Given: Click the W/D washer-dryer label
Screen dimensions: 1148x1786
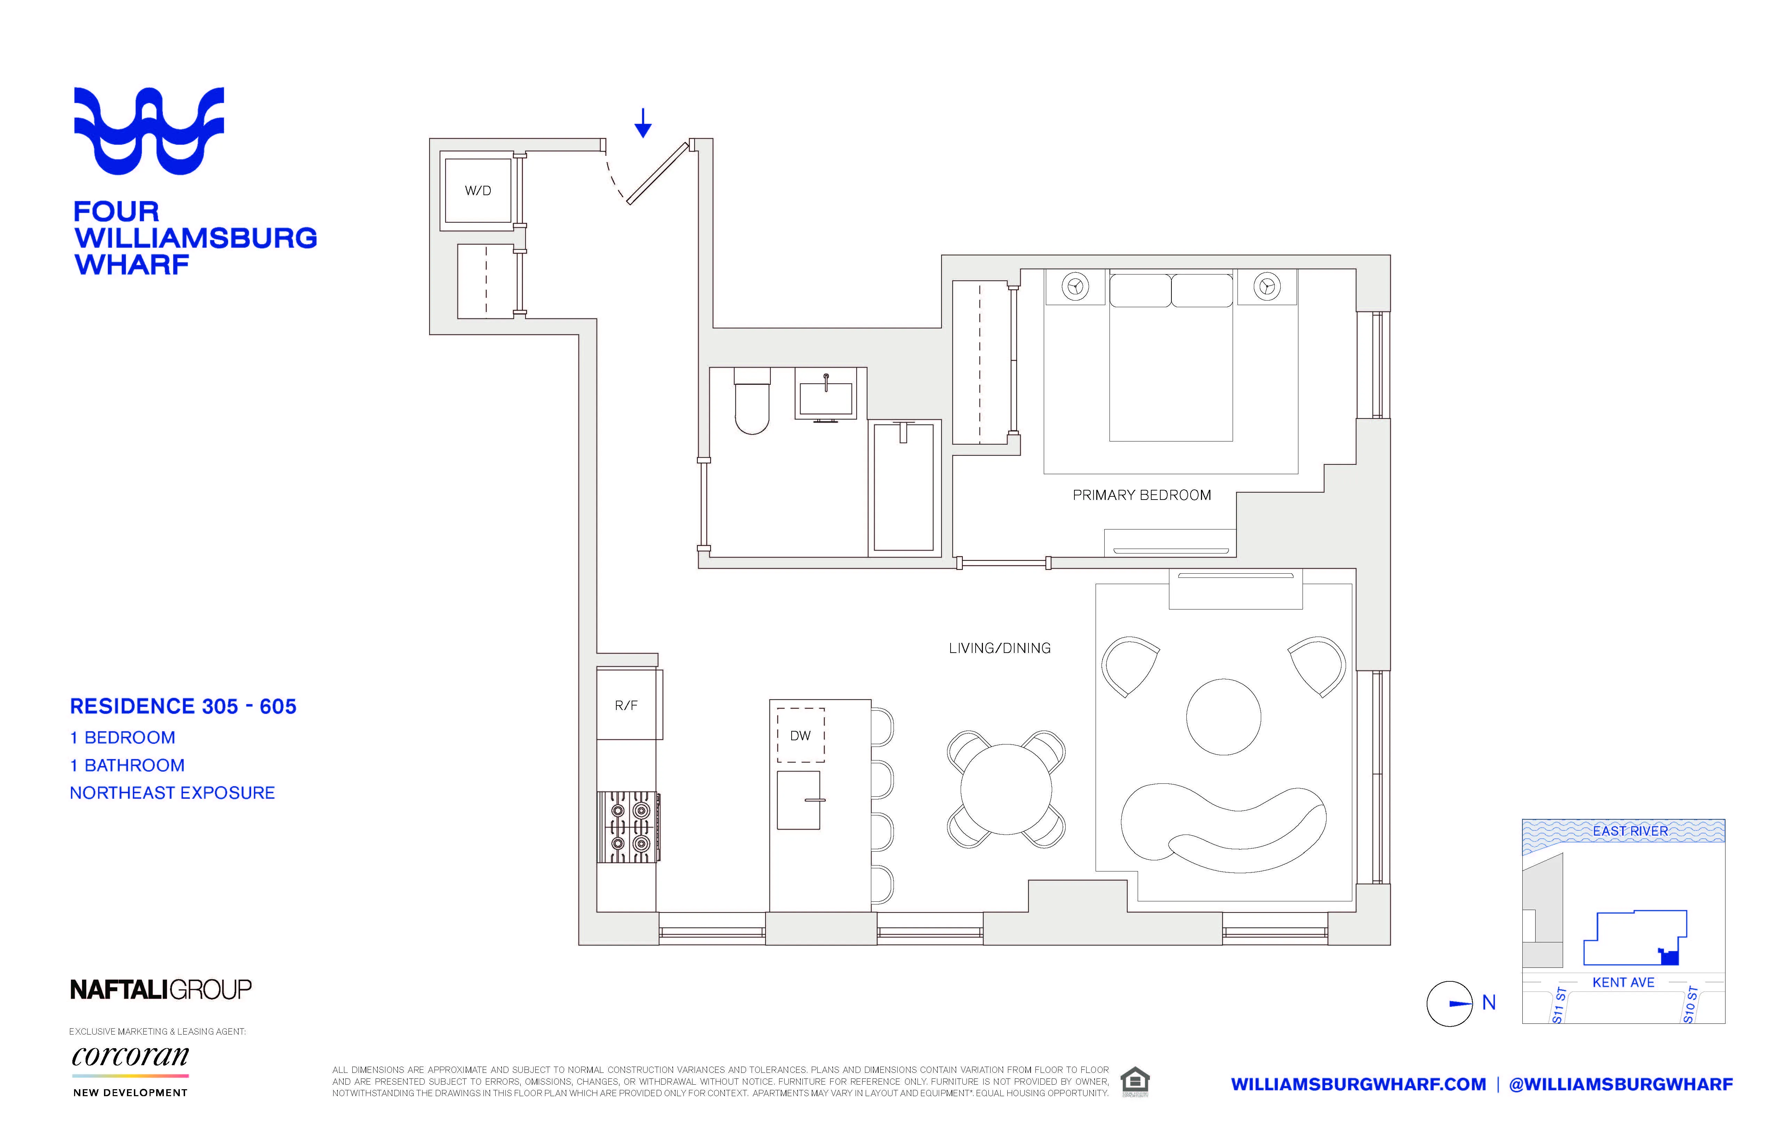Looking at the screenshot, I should coord(478,191).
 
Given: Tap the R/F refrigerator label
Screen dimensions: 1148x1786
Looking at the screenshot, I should coord(626,705).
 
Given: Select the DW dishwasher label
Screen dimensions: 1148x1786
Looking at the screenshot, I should coord(800,736).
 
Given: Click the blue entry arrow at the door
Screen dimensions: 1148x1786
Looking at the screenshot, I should coord(642,123).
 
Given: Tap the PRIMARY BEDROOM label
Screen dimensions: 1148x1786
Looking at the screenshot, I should coord(1142,495).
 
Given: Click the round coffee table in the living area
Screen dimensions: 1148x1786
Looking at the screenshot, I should coord(1224,716).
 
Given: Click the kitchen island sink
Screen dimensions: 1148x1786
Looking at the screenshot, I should coord(799,800).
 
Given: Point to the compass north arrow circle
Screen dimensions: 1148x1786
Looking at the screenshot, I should coord(1449,1003).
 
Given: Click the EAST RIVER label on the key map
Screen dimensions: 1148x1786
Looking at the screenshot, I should coord(1630,830).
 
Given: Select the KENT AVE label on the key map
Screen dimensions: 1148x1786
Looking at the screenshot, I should coord(1623,982).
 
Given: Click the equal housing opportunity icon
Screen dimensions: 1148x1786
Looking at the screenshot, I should coord(1135,1081).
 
